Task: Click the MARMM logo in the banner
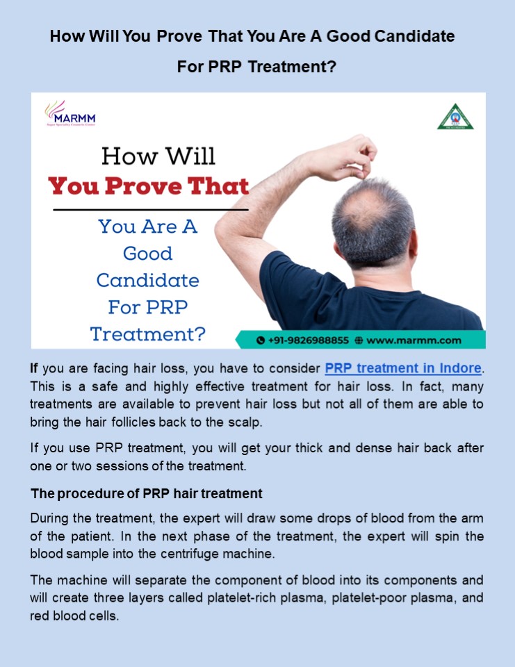tap(70, 114)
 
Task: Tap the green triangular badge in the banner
tap(455, 117)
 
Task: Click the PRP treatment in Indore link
tap(403, 368)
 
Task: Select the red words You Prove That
tap(148, 186)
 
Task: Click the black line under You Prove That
tap(151, 209)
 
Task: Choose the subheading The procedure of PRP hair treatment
tap(147, 494)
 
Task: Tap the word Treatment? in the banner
tap(148, 334)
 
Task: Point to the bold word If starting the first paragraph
tap(34, 368)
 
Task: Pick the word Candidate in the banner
tap(147, 281)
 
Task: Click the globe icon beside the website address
tap(359, 340)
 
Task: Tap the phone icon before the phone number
tap(261, 340)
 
